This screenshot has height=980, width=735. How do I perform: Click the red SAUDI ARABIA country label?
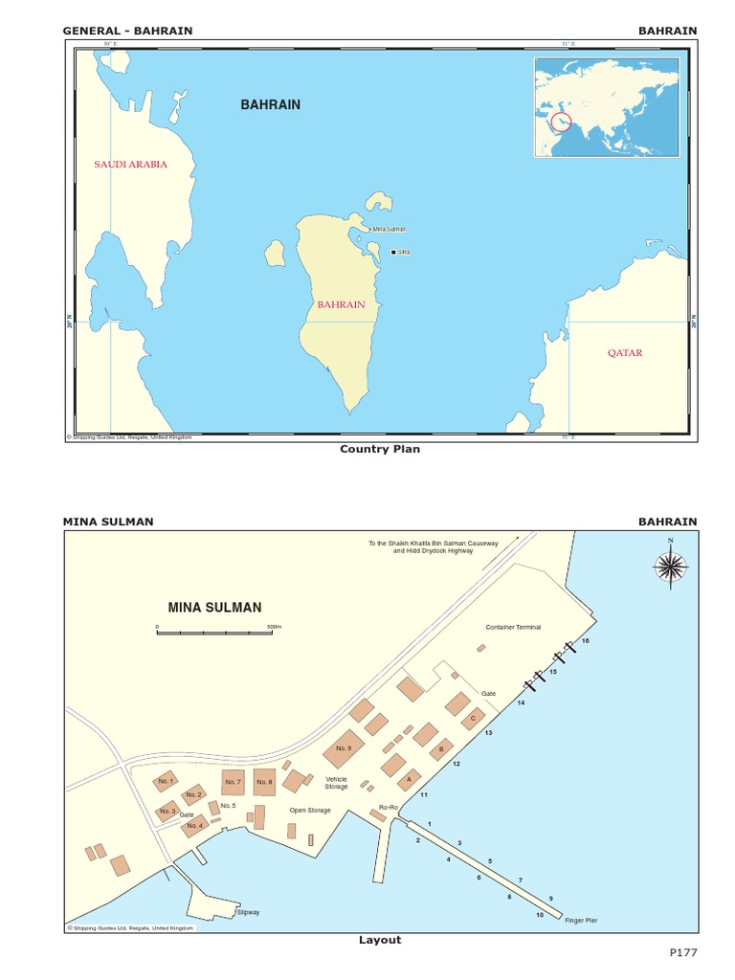pos(130,165)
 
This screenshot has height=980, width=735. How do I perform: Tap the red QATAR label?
pos(625,353)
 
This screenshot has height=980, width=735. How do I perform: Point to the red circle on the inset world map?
pos(562,122)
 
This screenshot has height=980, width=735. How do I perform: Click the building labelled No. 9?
pos(344,749)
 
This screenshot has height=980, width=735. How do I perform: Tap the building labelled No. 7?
pos(233,782)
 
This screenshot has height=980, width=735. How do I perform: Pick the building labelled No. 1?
pos(165,782)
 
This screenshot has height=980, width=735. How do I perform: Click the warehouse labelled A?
pos(410,779)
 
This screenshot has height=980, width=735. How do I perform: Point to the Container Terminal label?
pos(513,628)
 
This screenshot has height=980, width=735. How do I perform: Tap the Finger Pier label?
pos(580,921)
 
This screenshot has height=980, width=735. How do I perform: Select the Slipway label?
pos(248,912)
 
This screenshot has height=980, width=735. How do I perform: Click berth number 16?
pos(586,640)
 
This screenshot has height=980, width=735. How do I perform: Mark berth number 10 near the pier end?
pos(540,915)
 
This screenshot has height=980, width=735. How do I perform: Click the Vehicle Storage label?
pos(336,784)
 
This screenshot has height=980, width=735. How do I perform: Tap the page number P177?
pos(683,954)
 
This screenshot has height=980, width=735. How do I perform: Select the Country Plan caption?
pos(380,449)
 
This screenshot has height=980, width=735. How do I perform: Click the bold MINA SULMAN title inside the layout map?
pos(214,607)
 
